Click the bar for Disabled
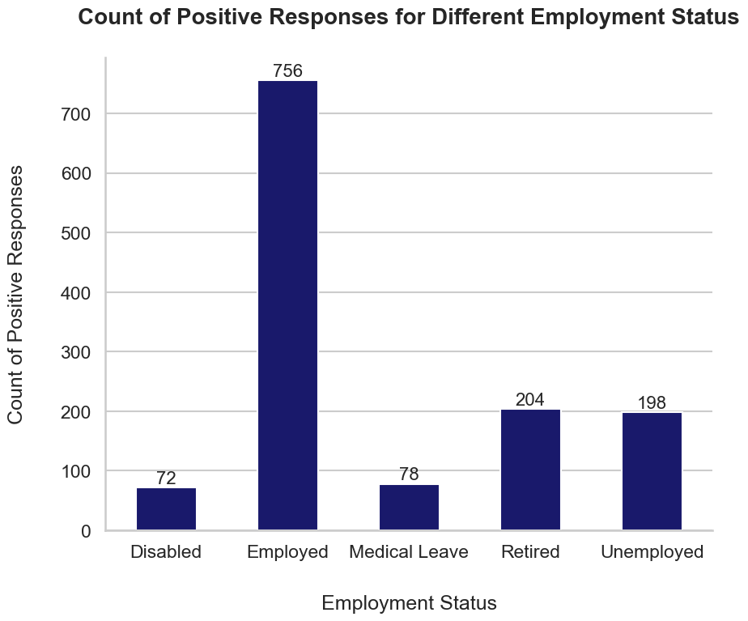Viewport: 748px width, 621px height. (166, 508)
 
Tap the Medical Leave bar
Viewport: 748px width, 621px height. (409, 507)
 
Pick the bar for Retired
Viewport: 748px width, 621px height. (530, 470)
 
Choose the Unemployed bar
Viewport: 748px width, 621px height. (652, 471)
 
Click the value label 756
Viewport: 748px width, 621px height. (287, 71)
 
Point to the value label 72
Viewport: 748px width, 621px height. (166, 479)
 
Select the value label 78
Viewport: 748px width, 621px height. (409, 474)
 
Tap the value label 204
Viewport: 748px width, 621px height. (530, 400)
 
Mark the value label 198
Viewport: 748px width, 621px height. (652, 403)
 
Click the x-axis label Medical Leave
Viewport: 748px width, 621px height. (409, 552)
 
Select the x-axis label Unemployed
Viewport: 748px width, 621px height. (652, 552)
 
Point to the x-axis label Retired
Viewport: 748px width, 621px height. (530, 552)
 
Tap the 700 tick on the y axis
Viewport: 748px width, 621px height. (78, 114)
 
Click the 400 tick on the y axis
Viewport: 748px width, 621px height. (78, 293)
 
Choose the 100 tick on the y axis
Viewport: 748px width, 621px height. (78, 471)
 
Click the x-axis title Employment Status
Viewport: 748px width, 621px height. (409, 603)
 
